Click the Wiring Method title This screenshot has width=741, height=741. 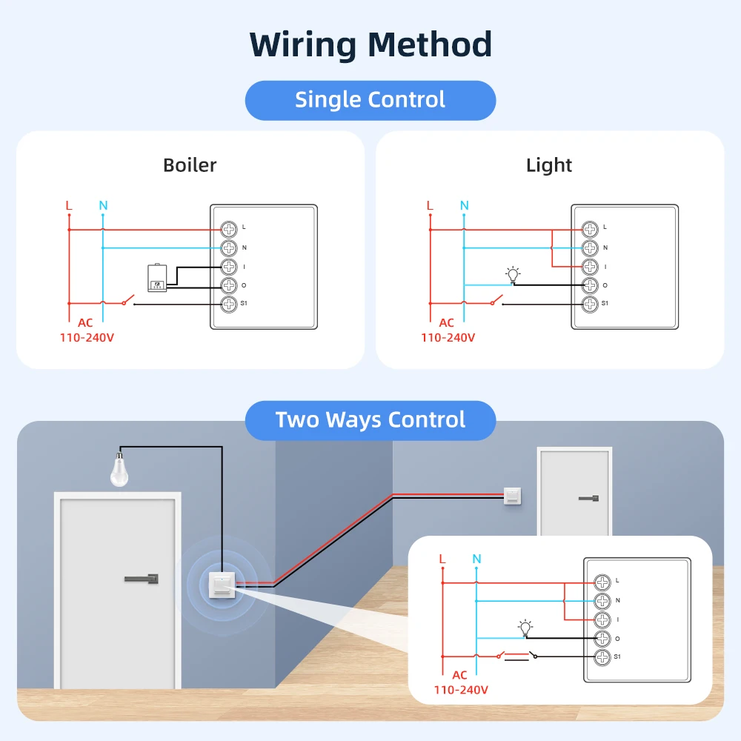point(370,44)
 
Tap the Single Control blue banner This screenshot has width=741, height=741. point(370,100)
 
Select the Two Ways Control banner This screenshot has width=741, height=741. point(370,420)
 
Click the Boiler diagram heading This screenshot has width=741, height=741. point(190,165)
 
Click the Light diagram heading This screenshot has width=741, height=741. point(549,165)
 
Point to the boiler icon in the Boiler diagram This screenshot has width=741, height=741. point(157,278)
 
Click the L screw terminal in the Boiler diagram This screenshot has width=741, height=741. point(229,229)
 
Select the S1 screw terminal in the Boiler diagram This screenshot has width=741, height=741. point(229,303)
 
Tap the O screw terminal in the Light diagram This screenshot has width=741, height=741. point(589,285)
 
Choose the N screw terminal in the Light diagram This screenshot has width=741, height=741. point(589,247)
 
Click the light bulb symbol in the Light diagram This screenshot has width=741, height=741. point(511,274)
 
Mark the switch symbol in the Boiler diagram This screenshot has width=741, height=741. point(126,300)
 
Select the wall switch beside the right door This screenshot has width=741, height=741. point(513,496)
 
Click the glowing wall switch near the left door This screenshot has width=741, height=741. point(222,584)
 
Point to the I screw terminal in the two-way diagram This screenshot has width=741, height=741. point(602,619)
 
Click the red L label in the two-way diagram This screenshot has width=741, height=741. point(442,558)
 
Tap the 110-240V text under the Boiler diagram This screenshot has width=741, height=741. point(87,337)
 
